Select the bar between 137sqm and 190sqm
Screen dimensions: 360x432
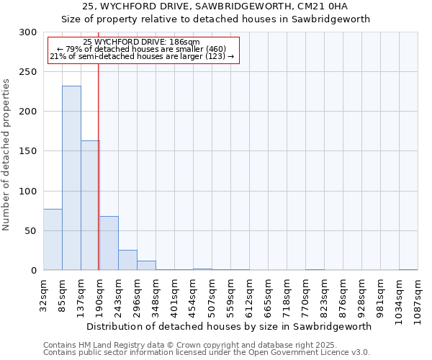point(90,205)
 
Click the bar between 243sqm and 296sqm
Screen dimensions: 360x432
point(127,260)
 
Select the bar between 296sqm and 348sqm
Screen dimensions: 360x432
point(146,265)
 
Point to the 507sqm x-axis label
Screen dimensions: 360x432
point(212,295)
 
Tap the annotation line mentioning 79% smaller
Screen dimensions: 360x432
point(141,49)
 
